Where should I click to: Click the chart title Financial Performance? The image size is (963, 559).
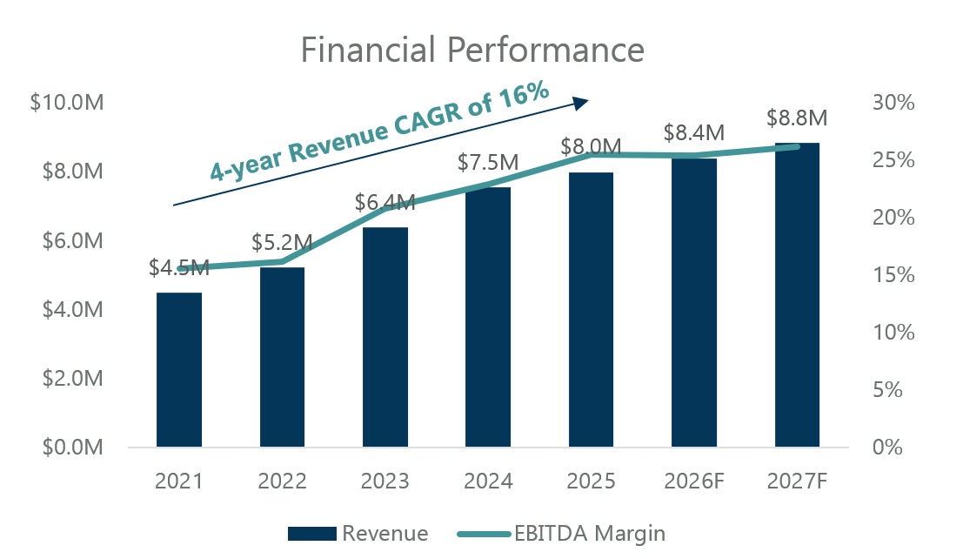coord(472,50)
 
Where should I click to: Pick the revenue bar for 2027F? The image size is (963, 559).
coord(797,295)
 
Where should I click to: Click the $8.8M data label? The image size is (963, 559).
coord(797,118)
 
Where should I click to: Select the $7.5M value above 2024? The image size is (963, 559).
coord(488,163)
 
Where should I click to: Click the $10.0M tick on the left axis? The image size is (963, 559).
coord(67,103)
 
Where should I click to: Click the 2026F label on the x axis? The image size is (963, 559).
coord(693,482)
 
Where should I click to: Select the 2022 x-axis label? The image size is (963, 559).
coord(282,482)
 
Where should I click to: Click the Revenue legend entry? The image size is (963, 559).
coord(357,533)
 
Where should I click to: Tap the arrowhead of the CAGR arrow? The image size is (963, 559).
coord(581,103)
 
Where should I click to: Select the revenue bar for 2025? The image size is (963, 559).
coord(591,310)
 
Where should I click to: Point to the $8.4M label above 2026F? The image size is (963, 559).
coord(693,133)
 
